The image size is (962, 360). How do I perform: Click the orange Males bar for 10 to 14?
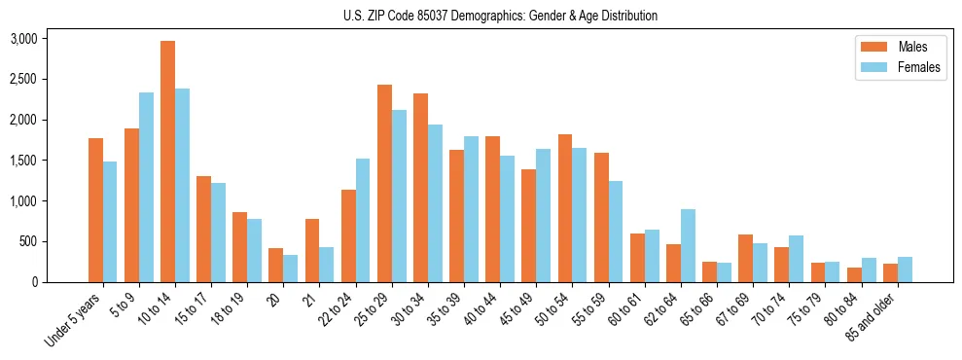(x=167, y=162)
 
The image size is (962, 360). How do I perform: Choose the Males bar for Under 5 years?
(x=95, y=210)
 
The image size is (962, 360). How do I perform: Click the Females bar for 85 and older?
(x=905, y=270)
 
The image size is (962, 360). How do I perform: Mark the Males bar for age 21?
(x=312, y=250)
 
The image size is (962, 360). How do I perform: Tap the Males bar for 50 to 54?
(x=564, y=208)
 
